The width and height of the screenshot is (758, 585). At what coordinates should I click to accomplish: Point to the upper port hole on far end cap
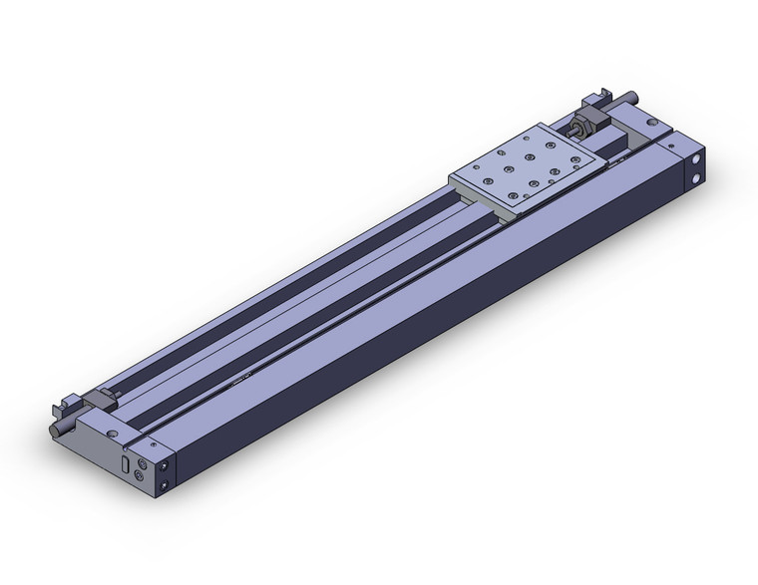(x=695, y=158)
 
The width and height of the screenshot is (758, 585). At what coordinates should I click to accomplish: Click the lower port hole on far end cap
(x=695, y=178)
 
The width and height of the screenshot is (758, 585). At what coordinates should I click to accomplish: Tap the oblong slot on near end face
(x=124, y=463)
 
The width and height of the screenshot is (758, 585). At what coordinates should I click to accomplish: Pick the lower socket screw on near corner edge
(x=164, y=487)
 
